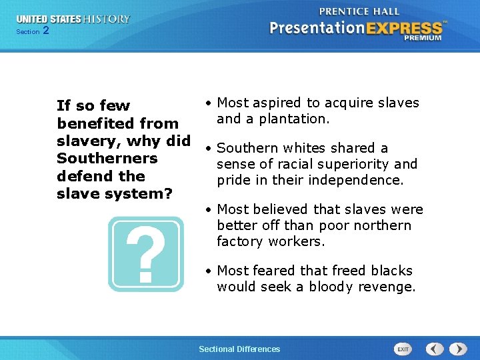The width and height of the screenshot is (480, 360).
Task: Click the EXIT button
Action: pyautogui.click(x=403, y=349)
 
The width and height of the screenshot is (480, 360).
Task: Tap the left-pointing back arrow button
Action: pyautogui.click(x=435, y=349)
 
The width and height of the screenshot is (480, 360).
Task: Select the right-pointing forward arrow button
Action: pyautogui.click(x=458, y=349)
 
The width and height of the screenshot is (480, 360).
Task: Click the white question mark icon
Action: pyautogui.click(x=146, y=254)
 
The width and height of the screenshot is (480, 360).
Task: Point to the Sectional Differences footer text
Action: pyautogui.click(x=239, y=349)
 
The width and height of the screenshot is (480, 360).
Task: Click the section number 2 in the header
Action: pyautogui.click(x=46, y=30)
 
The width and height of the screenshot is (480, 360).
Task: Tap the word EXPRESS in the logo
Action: pyautogui.click(x=404, y=29)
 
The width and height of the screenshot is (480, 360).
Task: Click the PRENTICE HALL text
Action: pyautogui.click(x=359, y=11)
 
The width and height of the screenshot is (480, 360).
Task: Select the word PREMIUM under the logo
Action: pyautogui.click(x=423, y=38)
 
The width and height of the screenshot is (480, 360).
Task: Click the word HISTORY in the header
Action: pyautogui.click(x=107, y=19)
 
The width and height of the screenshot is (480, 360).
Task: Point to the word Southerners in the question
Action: pyautogui.click(x=107, y=158)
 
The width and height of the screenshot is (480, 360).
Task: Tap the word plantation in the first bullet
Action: pyautogui.click(x=294, y=119)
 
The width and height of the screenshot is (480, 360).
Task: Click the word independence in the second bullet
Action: pyautogui.click(x=356, y=180)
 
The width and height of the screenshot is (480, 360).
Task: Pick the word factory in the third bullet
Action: pyautogui.click(x=240, y=241)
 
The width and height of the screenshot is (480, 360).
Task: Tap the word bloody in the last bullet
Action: pyautogui.click(x=331, y=287)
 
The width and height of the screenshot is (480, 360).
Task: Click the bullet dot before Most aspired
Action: pyautogui.click(x=209, y=103)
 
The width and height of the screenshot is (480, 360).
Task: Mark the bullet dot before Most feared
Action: pyautogui.click(x=209, y=271)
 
